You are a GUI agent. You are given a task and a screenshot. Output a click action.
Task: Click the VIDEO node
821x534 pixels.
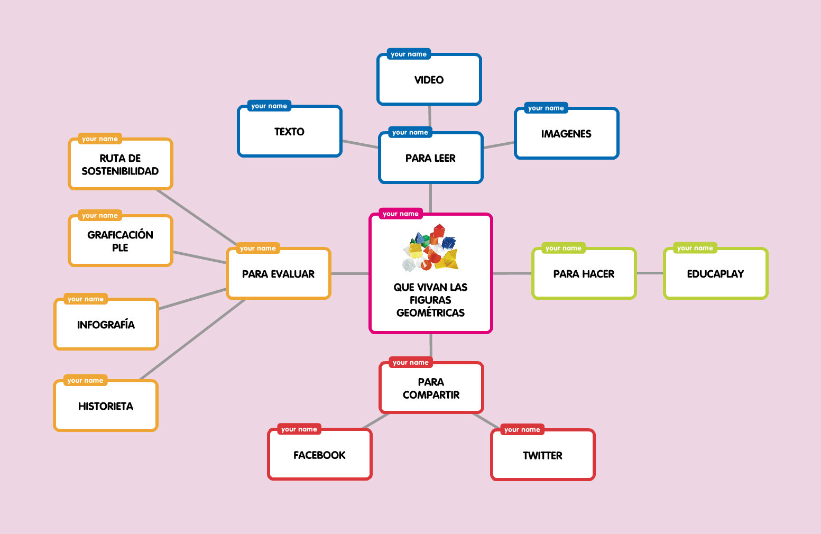click(429, 80)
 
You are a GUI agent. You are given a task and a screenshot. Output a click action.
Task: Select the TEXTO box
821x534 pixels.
click(289, 132)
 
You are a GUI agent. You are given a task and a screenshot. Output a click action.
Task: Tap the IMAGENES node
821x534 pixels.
click(566, 134)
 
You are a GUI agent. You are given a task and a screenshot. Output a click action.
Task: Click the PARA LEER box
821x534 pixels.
click(430, 158)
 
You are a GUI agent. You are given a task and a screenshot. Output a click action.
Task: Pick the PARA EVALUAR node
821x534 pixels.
click(278, 274)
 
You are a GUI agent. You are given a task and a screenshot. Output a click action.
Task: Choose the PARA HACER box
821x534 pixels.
click(584, 274)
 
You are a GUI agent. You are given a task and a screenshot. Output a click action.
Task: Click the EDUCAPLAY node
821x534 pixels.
click(715, 274)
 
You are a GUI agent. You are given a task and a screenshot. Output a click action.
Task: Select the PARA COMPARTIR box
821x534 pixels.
click(431, 389)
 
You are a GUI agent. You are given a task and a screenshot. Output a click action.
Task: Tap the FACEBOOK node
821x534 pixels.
click(319, 455)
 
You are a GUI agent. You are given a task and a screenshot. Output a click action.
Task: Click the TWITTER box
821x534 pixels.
click(542, 456)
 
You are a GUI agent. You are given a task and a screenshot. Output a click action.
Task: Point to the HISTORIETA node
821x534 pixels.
click(106, 406)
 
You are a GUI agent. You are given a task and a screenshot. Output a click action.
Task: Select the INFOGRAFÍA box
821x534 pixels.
click(106, 325)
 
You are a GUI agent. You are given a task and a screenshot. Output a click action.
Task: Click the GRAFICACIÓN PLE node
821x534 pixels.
click(120, 241)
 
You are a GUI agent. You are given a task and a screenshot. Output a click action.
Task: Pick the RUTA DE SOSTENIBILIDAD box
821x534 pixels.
click(120, 164)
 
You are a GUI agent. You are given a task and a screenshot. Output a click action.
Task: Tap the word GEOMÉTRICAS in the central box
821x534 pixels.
click(430, 312)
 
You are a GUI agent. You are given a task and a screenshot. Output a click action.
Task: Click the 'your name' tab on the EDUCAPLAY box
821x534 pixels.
click(695, 248)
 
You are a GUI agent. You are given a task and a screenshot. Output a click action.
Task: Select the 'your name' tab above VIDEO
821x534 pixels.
click(409, 54)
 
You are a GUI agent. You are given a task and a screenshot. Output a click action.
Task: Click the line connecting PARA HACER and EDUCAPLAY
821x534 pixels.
click(650, 273)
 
